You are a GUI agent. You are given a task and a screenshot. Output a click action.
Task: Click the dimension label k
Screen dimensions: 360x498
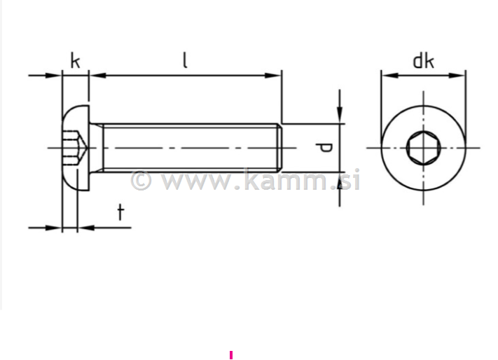(75, 61)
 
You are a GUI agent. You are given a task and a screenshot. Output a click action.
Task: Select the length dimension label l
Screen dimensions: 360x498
(184, 60)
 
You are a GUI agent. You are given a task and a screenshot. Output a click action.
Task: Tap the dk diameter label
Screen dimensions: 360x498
(422, 61)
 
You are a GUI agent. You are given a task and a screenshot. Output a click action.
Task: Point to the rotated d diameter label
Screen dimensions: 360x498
(324, 148)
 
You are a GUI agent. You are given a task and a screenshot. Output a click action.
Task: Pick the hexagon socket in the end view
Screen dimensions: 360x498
(422, 148)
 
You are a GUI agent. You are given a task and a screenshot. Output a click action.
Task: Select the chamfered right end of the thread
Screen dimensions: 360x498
(279, 148)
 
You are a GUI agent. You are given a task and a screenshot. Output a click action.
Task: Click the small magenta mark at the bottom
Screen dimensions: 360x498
(231, 355)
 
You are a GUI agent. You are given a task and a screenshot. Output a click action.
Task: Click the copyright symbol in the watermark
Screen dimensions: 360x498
(141, 181)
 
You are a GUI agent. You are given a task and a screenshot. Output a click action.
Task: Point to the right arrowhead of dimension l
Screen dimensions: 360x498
(275, 75)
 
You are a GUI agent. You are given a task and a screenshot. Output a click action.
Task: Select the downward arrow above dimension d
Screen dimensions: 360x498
(340, 116)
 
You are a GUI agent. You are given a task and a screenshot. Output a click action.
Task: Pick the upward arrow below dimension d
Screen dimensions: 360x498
(340, 179)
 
